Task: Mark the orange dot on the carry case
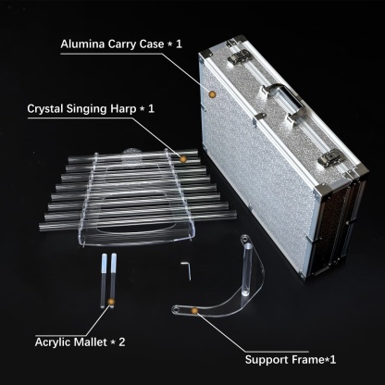(x=214, y=93)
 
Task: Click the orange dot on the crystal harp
(x=183, y=158)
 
